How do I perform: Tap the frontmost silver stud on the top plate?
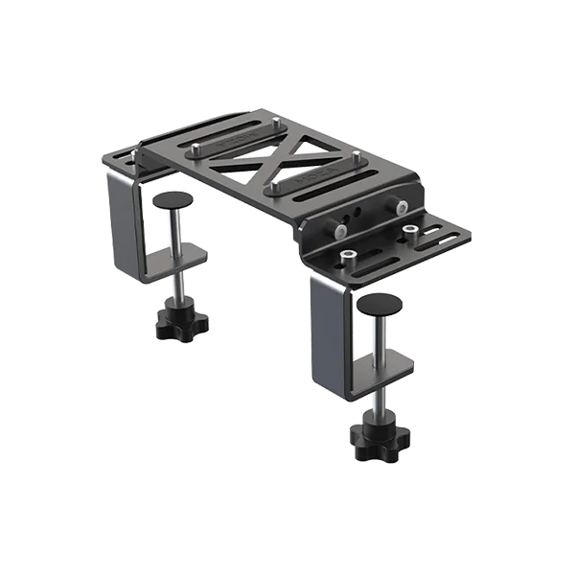click(272, 181)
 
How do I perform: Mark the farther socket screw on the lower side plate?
click(410, 231)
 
